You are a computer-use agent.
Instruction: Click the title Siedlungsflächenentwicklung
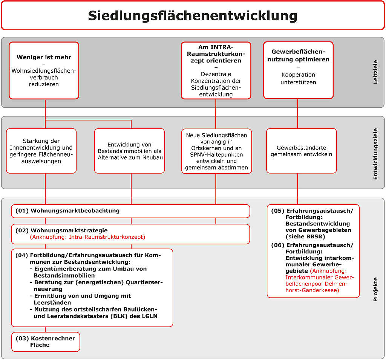pos(193,16)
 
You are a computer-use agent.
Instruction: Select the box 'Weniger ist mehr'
pos(44,70)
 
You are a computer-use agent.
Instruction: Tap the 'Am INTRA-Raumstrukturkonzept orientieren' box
pos(216,70)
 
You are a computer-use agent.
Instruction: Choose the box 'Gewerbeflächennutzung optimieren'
pos(299,70)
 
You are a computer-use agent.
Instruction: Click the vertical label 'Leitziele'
pos(375,72)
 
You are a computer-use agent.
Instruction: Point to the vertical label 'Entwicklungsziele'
pos(375,154)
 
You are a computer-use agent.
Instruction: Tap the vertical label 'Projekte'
pos(375,290)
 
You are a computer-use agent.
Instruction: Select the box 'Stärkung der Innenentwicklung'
pos(41,151)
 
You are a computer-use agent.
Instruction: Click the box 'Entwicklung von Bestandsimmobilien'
pos(130,151)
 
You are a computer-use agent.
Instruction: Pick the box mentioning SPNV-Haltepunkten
pos(216,151)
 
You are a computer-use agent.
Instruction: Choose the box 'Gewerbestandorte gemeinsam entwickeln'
pos(301,151)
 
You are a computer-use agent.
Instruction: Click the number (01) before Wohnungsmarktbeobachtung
pos(22,211)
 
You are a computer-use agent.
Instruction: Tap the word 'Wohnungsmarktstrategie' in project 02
pos(69,230)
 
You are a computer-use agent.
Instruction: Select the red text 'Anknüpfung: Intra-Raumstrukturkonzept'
pos(87,237)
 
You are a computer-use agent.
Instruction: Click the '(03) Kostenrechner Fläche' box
pos(46,342)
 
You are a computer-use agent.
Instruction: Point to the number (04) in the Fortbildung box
pos(21,255)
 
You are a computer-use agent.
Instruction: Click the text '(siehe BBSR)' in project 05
pos(305,236)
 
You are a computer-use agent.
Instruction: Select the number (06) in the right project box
pos(278,245)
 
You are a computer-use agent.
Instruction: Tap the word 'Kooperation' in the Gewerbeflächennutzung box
pos(298,75)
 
